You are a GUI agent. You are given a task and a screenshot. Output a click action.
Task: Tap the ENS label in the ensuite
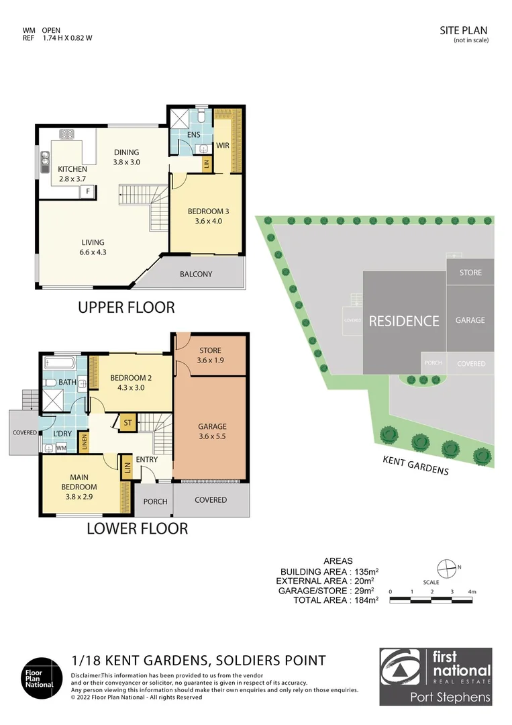click(194, 134)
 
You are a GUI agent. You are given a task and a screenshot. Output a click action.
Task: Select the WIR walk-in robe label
click(223, 145)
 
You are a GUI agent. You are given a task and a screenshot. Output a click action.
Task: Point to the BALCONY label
click(196, 274)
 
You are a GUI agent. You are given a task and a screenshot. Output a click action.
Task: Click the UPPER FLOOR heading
click(126, 307)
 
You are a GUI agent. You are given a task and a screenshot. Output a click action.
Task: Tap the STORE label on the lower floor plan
click(209, 350)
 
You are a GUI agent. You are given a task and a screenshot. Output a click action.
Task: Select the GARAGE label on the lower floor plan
click(212, 426)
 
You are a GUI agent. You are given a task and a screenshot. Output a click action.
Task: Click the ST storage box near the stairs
click(127, 423)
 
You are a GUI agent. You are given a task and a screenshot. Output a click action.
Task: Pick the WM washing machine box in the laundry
click(61, 447)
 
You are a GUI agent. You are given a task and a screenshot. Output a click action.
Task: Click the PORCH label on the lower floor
click(156, 502)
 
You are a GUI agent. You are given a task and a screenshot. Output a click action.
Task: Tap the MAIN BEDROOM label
click(79, 482)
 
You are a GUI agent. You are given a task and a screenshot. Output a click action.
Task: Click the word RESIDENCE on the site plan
click(404, 321)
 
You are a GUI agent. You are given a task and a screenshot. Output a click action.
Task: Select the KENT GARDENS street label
click(415, 465)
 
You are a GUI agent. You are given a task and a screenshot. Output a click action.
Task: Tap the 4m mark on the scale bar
click(472, 591)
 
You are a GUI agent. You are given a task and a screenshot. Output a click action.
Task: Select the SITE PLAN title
click(463, 30)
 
